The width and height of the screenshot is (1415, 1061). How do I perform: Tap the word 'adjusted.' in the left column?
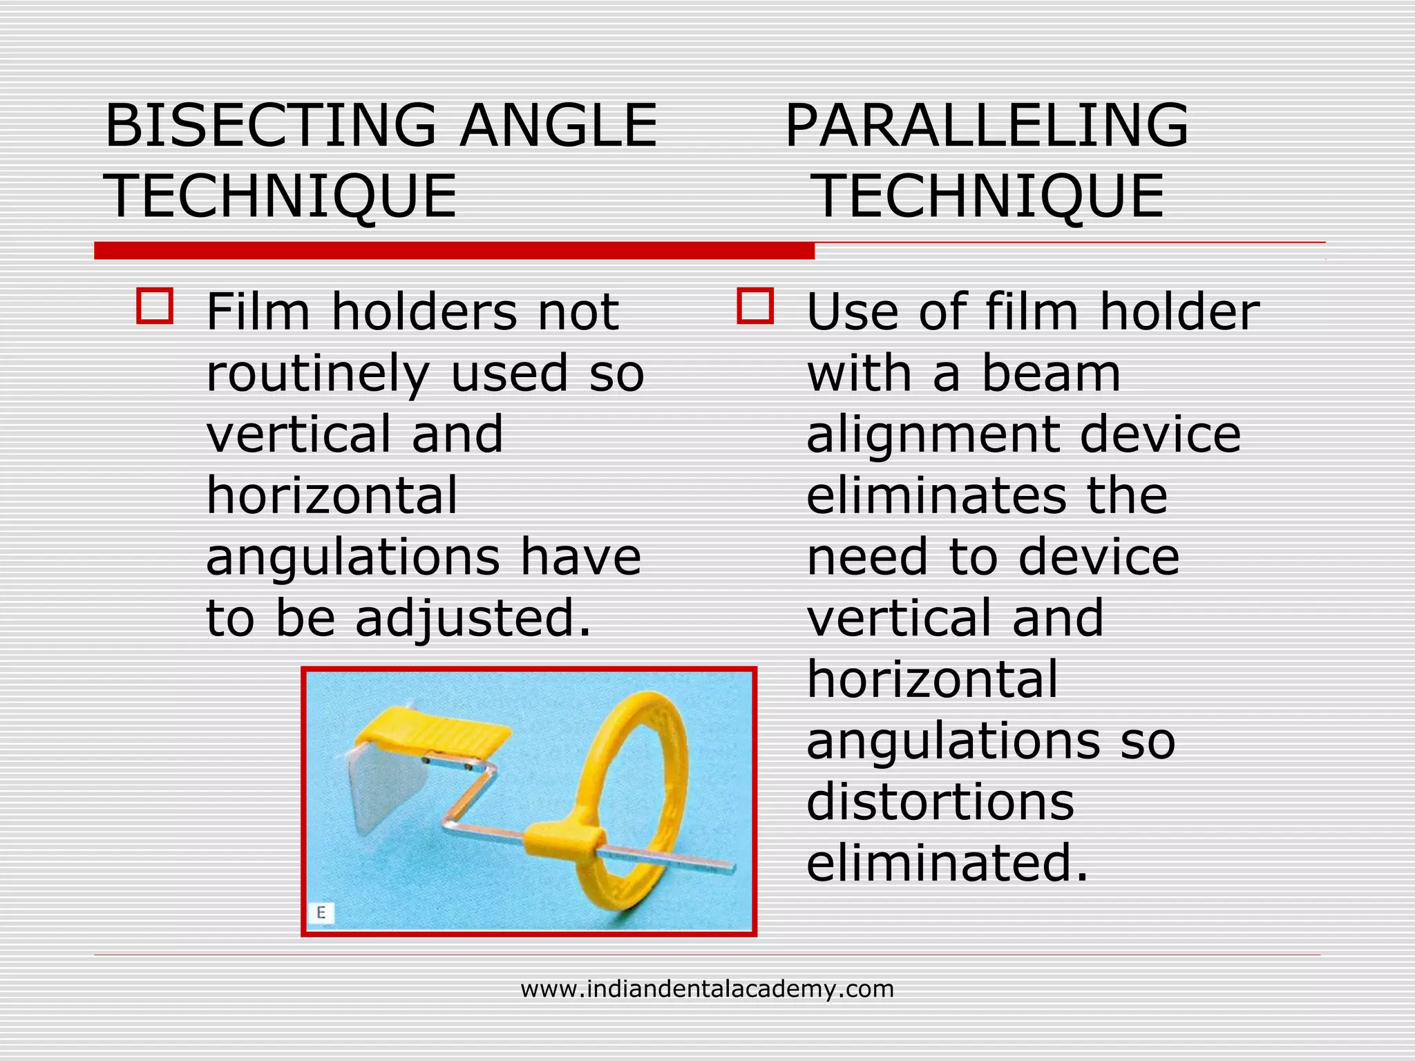pos(473,618)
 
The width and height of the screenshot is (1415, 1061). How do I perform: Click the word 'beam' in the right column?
pos(1051,374)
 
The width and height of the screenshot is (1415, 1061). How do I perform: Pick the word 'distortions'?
pos(940,802)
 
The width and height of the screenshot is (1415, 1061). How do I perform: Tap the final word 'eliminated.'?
pos(947,863)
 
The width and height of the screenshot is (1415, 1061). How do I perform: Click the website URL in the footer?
pos(707,989)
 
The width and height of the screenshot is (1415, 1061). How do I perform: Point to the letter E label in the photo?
pos(321,912)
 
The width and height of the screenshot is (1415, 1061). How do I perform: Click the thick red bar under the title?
pos(454,251)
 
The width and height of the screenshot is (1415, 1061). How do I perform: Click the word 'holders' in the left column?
pos(424,312)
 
